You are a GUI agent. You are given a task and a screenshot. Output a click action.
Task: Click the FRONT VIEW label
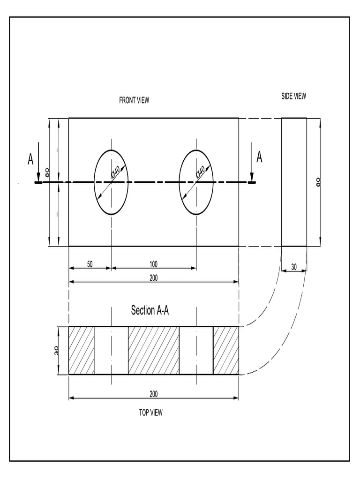(134, 100)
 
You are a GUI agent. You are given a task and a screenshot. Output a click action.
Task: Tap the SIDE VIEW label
(293, 96)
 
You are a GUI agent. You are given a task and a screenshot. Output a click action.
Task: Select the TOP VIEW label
(150, 412)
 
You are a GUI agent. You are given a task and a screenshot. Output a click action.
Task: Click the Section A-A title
(150, 310)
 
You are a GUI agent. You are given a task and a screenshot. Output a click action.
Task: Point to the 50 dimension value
(90, 264)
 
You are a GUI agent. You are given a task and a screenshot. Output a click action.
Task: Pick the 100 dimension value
(153, 264)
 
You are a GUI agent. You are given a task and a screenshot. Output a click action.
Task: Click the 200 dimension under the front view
(154, 277)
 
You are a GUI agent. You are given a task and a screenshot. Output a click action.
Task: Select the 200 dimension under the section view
(154, 393)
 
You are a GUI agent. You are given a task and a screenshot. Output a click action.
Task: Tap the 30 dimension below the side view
(294, 267)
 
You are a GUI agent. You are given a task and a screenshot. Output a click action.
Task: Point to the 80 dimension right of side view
(318, 182)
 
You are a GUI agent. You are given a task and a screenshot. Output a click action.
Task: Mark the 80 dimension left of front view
(47, 173)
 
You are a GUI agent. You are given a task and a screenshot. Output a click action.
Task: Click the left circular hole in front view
(111, 182)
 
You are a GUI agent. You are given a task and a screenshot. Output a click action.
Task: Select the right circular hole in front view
(196, 182)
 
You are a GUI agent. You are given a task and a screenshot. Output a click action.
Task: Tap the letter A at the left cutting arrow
(30, 159)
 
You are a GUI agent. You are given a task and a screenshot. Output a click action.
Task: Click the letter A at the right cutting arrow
(259, 157)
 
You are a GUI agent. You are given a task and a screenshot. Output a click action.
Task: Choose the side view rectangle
(294, 182)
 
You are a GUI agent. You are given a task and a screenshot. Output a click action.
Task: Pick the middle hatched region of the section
(154, 351)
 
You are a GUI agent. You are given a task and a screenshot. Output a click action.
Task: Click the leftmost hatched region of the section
(82, 351)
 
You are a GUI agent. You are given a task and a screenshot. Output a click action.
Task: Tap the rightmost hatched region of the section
(226, 351)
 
